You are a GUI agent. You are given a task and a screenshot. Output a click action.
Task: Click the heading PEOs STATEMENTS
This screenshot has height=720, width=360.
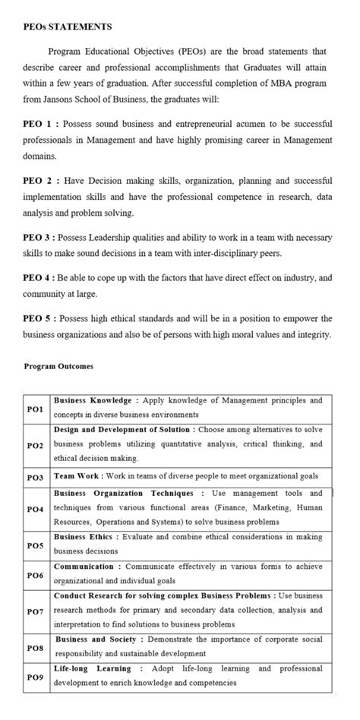[68, 27]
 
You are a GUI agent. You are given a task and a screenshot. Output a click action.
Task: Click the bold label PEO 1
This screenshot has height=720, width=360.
[38, 123]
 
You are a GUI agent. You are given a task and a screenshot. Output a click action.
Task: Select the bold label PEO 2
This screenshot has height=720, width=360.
[38, 181]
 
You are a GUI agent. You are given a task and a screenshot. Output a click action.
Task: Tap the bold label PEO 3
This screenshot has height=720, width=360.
[38, 238]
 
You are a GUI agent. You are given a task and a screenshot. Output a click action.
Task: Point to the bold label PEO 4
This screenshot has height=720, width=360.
[38, 278]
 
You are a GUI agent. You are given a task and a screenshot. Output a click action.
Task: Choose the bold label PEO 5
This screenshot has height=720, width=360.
[38, 318]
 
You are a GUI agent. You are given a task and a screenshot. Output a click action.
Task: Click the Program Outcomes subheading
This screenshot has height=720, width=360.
[58, 366]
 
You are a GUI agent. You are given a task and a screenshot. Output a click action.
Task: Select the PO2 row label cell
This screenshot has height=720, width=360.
[36, 445]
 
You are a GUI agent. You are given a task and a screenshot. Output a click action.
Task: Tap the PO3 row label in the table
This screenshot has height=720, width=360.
[36, 477]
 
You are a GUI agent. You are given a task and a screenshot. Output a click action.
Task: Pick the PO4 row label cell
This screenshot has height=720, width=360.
[36, 508]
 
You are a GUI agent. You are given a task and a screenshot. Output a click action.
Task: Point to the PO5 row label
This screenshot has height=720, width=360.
[36, 545]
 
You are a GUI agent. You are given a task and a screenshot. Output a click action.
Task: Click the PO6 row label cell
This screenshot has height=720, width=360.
[36, 575]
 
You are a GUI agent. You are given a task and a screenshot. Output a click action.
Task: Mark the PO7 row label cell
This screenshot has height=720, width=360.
[36, 611]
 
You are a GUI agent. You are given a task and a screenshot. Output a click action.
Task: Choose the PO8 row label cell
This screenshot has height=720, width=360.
[36, 647]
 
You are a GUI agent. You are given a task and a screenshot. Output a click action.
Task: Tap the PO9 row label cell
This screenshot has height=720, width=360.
[36, 676]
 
